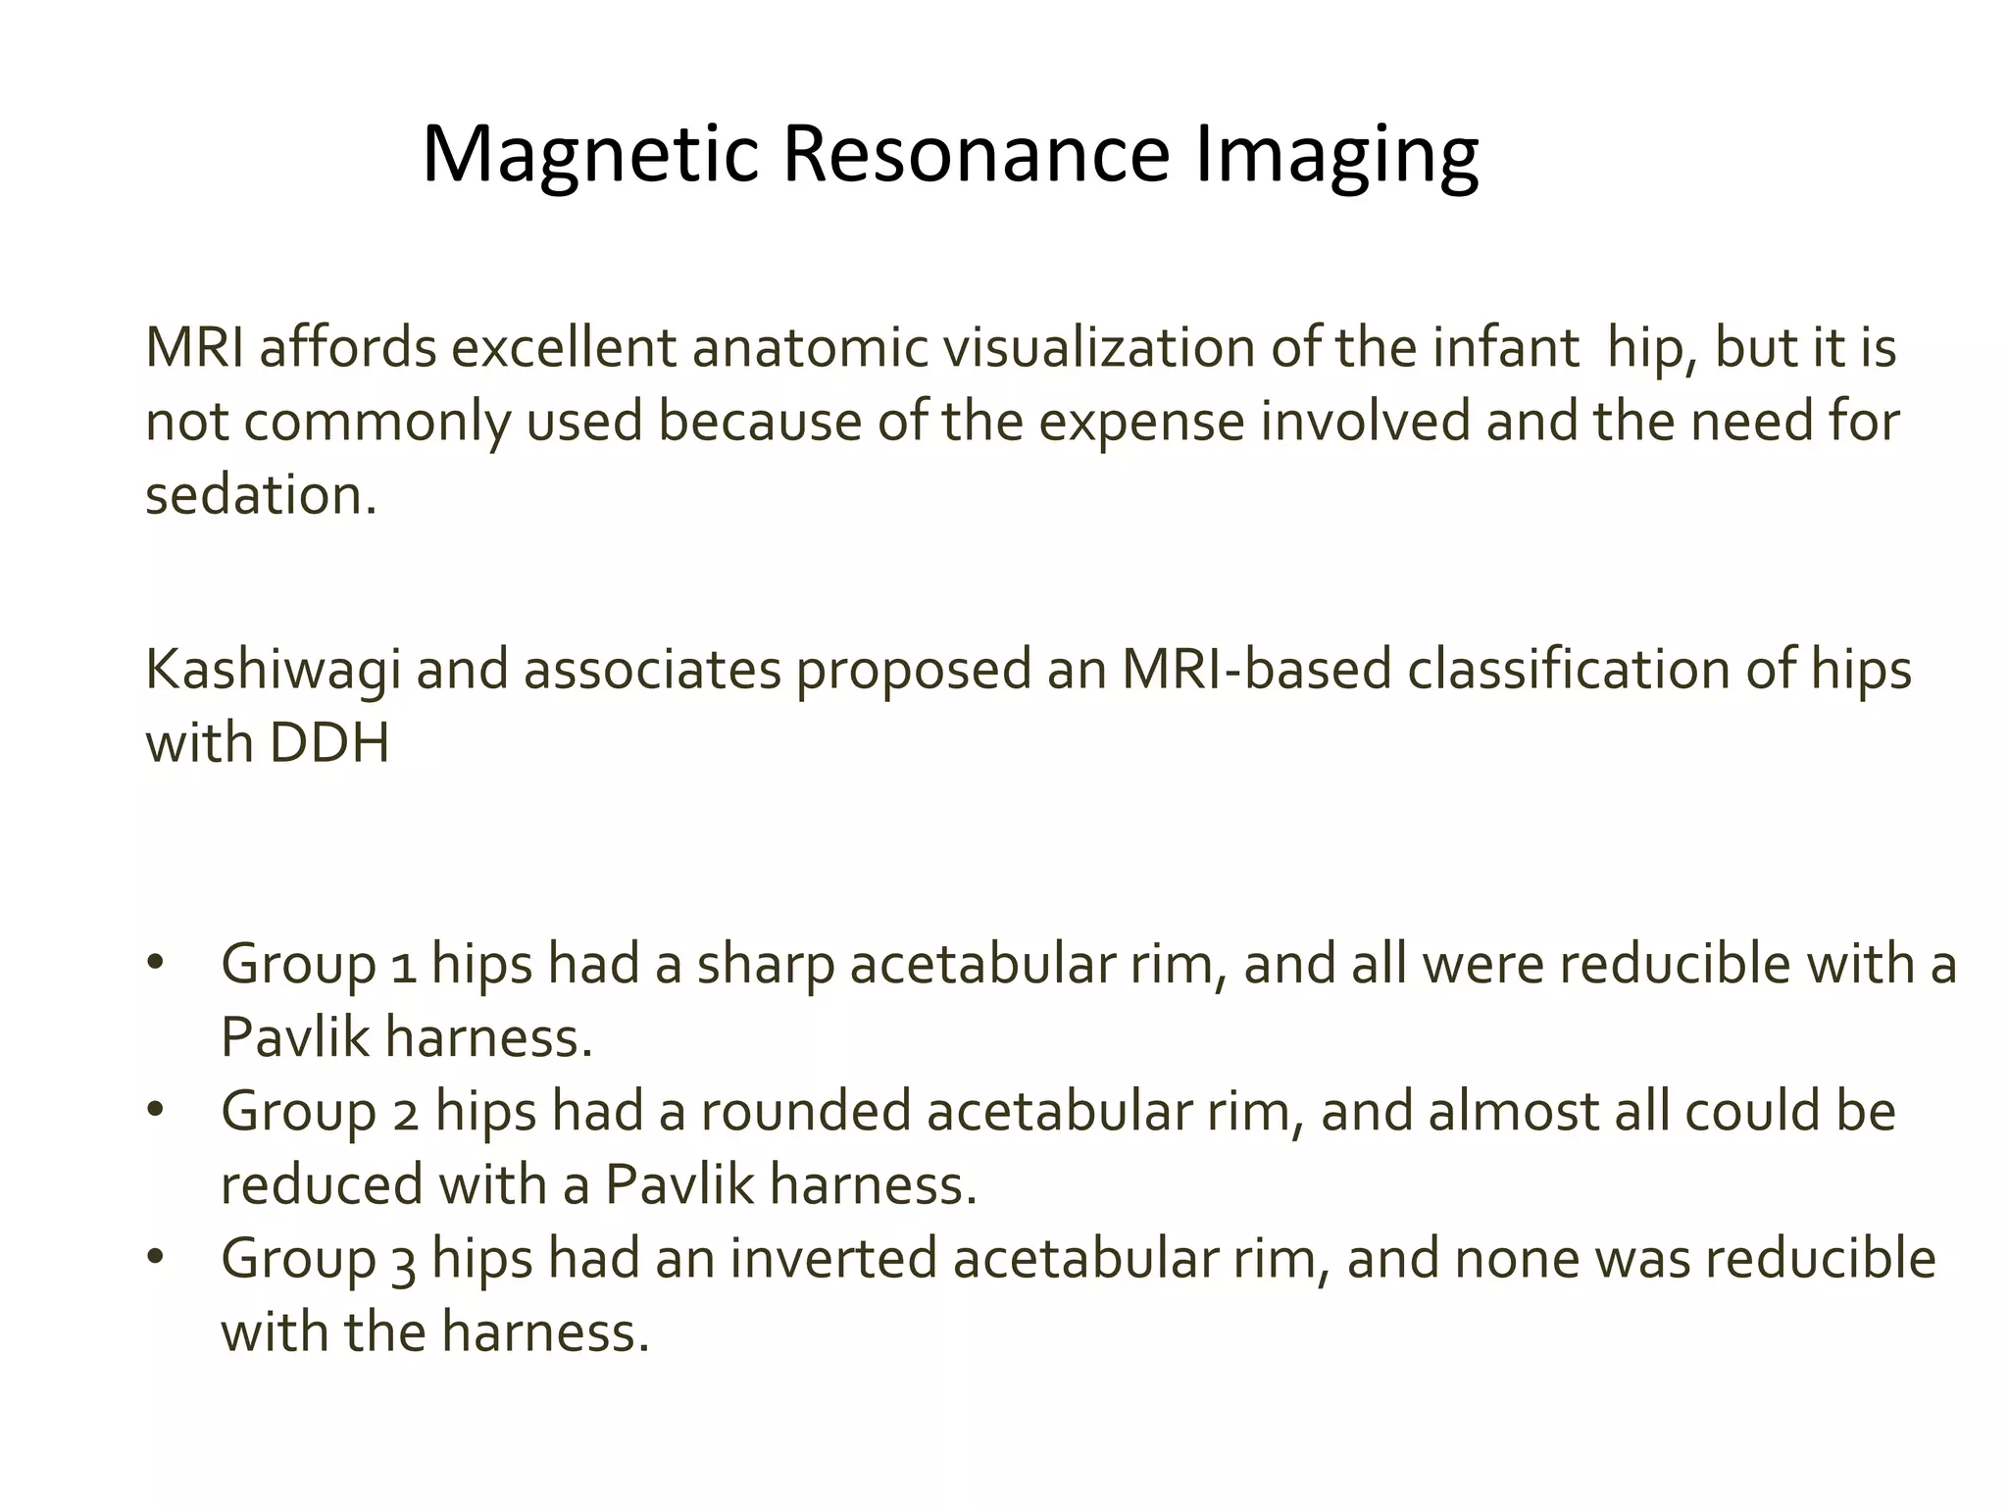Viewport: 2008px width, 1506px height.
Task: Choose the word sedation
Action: click(x=260, y=495)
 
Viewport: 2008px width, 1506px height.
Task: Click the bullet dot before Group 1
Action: click(x=154, y=962)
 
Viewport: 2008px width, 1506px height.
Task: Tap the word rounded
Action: click(x=805, y=1111)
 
